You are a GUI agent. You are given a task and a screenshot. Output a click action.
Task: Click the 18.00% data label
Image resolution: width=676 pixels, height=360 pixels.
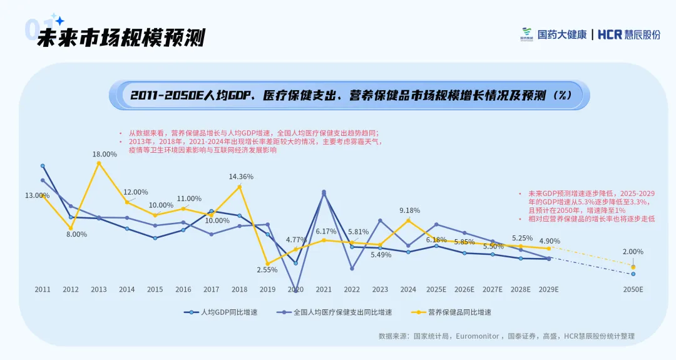[x=105, y=154]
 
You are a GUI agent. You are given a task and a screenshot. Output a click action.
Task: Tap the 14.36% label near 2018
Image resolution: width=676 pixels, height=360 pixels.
[x=241, y=177]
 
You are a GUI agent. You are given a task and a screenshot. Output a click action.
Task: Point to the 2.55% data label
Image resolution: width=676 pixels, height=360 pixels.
[x=267, y=270]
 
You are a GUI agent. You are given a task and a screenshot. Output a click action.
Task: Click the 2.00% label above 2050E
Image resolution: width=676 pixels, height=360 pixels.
[x=633, y=252]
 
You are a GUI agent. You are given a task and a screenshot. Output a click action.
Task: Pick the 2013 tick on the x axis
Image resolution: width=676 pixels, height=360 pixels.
[x=99, y=290]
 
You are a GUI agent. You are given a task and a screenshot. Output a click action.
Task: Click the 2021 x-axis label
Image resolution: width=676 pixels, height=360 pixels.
[x=324, y=290]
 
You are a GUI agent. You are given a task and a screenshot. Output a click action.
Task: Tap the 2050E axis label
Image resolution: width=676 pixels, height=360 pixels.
[x=633, y=290]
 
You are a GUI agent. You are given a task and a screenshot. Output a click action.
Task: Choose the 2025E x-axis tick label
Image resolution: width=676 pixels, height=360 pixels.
[x=436, y=290]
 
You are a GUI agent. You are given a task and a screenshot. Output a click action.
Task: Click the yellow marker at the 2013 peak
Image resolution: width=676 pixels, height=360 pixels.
[x=99, y=163]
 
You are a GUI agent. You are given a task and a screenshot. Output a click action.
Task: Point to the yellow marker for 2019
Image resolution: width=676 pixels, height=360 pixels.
[x=267, y=264]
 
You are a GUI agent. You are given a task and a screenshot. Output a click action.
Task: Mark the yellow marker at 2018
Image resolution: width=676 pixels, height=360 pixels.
[x=240, y=187]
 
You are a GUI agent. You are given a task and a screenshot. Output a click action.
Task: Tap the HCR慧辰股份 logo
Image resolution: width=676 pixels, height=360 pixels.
[x=629, y=34]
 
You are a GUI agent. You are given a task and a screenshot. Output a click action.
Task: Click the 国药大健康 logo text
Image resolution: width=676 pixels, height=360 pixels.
[x=562, y=34]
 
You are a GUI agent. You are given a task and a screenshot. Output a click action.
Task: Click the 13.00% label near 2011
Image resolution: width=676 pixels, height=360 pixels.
[x=38, y=195]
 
